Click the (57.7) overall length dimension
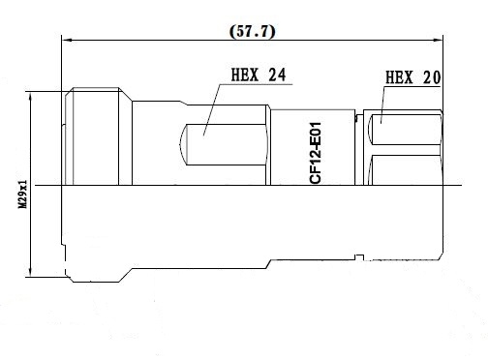253,32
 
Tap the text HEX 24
259,75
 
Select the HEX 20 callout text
413,77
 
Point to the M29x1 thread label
22,195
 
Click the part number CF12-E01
316,153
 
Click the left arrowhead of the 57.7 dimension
66,40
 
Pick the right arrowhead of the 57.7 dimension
439,40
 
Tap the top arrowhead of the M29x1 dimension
30,97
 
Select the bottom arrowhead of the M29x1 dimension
30,272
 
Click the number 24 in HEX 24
277,75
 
